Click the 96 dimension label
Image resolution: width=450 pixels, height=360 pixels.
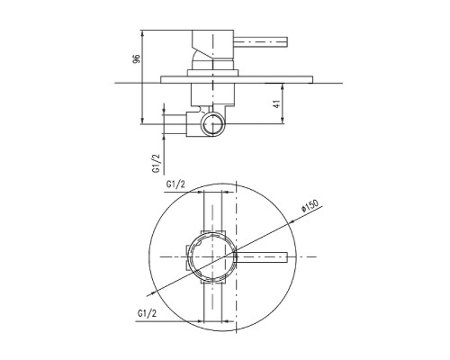pos(137,58)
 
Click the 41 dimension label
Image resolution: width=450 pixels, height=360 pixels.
pos(277,103)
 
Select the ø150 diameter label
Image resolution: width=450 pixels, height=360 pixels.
pos(310,206)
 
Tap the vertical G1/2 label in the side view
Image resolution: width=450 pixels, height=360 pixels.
pos(157,163)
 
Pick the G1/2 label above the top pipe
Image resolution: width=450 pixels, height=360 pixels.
pos(175,184)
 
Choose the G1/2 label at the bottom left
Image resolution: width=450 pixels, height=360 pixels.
pos(147,313)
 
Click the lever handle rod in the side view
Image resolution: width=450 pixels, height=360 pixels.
pos(261,42)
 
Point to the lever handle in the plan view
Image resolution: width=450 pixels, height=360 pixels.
pos(262,256)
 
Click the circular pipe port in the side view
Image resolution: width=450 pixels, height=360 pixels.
pos(212,124)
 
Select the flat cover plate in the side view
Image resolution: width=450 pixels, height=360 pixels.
pos(237,79)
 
